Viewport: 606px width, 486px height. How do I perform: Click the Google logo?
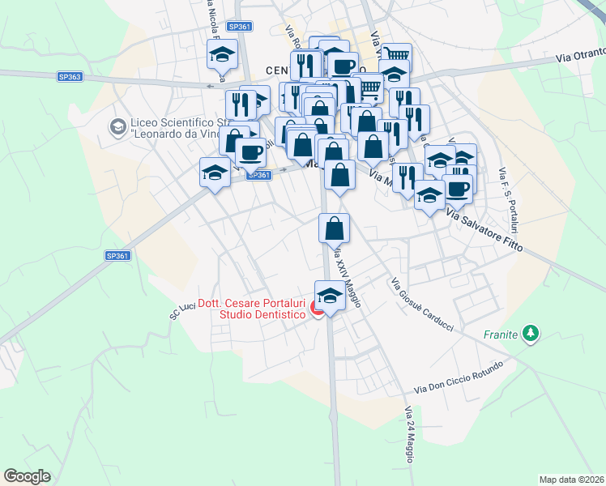pyautogui.click(x=27, y=476)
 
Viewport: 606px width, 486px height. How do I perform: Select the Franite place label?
pyautogui.click(x=500, y=334)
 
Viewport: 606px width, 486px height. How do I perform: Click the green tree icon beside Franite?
pyautogui.click(x=531, y=333)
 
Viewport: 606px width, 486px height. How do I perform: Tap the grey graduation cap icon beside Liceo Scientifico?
pyautogui.click(x=118, y=127)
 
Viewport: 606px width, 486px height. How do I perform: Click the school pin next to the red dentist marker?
pyautogui.click(x=329, y=296)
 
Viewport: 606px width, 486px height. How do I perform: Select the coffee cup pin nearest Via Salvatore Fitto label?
pyautogui.click(x=458, y=188)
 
